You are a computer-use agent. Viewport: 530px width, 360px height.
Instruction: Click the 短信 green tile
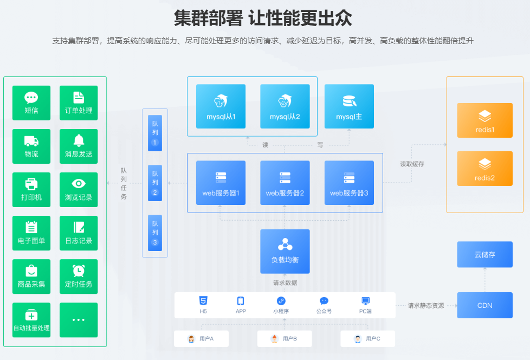click(31, 103)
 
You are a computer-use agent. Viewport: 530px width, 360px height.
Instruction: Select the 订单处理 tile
click(79, 103)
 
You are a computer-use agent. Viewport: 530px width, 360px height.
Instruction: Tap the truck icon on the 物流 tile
click(31, 142)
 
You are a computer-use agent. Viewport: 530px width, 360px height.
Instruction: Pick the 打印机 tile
click(31, 190)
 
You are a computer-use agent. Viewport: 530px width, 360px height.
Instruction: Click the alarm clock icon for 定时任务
click(79, 270)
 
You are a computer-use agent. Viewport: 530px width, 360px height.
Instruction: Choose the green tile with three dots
click(79, 320)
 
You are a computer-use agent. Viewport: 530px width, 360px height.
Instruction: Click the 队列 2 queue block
click(155, 183)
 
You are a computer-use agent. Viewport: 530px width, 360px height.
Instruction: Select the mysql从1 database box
click(221, 106)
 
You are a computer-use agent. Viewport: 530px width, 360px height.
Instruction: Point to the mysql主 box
click(349, 106)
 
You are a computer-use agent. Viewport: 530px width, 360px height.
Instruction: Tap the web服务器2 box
click(285, 183)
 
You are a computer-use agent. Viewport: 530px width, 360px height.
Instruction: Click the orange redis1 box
click(485, 120)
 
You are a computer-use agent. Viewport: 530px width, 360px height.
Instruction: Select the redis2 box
click(485, 168)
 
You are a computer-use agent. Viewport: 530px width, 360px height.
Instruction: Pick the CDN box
click(485, 305)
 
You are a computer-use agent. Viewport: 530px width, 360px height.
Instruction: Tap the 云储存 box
click(485, 254)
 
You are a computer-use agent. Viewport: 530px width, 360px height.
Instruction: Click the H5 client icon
click(203, 301)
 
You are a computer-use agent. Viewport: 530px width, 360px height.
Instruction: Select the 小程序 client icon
click(281, 301)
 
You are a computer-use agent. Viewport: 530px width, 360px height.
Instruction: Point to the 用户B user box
click(285, 339)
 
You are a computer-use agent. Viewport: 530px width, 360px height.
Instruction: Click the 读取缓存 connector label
click(412, 164)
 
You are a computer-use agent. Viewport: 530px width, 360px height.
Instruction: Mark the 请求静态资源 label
click(426, 306)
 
